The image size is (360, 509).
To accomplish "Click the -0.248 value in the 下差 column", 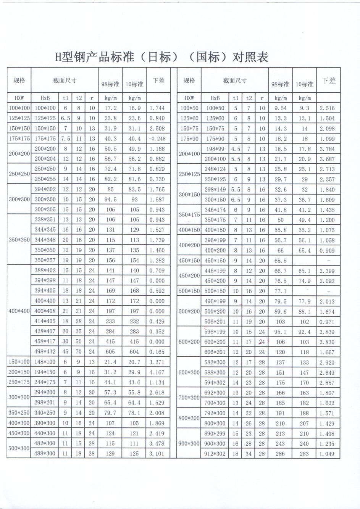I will (x=158, y=139).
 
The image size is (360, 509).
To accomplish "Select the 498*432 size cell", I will (x=45, y=352).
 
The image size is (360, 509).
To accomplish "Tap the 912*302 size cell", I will (x=215, y=454).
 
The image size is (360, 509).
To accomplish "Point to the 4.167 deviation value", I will (x=158, y=372).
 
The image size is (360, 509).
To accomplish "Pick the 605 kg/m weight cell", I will (x=110, y=352).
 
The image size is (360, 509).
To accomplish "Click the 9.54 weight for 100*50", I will (x=281, y=108).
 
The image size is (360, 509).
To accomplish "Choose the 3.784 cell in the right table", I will (x=327, y=149).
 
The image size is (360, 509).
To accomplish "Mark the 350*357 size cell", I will (x=45, y=261).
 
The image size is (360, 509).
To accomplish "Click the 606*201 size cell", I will (x=215, y=352).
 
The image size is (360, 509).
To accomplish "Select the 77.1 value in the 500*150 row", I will (x=281, y=291).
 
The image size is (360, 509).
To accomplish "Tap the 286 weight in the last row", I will (x=281, y=454).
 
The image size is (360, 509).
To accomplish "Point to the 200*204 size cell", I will (x=45, y=159).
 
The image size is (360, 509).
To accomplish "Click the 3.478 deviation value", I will (x=158, y=444).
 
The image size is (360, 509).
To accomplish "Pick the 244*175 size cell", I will (x=45, y=383).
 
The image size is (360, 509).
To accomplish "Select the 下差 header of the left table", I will (x=158, y=81).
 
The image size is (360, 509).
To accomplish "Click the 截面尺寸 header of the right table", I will (x=235, y=81).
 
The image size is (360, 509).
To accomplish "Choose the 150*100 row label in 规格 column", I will (x=19, y=362).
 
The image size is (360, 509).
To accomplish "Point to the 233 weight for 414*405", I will (x=110, y=322).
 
